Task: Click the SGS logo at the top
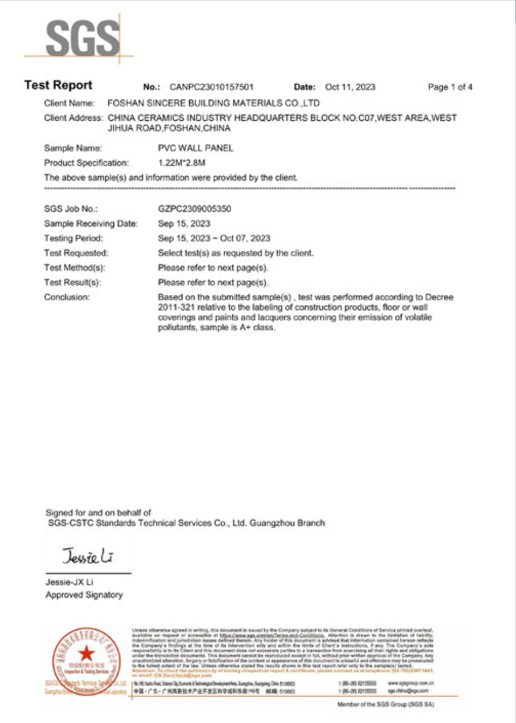point(82,38)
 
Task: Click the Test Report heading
point(58,85)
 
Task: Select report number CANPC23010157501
point(211,87)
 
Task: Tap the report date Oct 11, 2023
point(350,87)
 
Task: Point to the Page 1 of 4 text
point(450,87)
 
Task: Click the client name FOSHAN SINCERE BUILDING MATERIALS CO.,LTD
point(213,103)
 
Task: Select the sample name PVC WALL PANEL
point(195,148)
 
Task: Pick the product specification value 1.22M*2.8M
point(181,163)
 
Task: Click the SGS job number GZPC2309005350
point(194,209)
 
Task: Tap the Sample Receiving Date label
point(91,224)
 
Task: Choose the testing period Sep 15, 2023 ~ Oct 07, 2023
point(214,238)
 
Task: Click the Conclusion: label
point(67,297)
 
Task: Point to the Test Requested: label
point(76,253)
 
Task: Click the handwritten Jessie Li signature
point(87,556)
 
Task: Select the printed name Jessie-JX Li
point(69,582)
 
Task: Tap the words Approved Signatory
point(84,595)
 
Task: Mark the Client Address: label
point(73,118)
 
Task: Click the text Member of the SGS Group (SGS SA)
point(385,704)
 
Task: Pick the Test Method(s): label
point(74,268)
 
